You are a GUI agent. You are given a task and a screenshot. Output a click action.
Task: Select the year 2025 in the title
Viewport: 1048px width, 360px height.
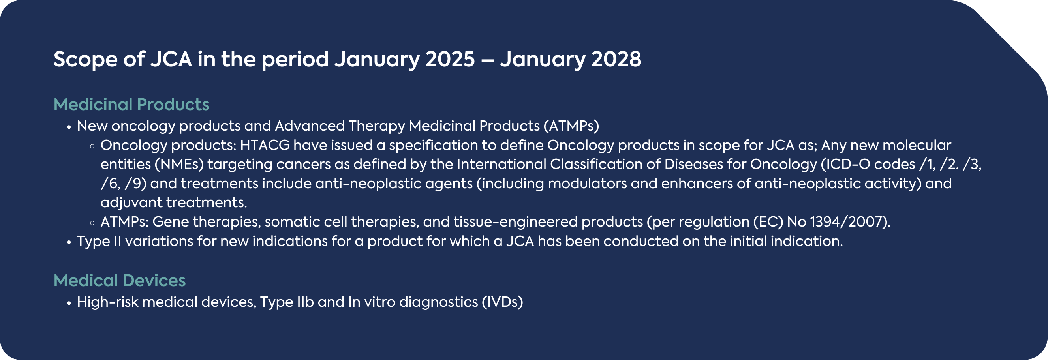[450, 59]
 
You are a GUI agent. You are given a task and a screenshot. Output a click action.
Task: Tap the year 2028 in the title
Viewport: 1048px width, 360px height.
[616, 59]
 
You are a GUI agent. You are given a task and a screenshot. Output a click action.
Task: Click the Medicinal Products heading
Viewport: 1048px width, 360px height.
[131, 105]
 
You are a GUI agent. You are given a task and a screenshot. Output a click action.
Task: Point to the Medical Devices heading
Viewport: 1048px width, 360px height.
[120, 281]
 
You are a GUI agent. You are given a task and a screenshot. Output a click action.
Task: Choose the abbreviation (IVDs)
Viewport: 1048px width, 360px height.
[502, 302]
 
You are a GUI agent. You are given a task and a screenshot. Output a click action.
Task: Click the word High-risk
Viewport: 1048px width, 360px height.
[107, 302]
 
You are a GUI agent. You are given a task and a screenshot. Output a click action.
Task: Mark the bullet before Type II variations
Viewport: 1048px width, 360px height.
[69, 242]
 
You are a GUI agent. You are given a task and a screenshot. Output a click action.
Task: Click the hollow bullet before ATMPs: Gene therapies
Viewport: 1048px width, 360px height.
[92, 223]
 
